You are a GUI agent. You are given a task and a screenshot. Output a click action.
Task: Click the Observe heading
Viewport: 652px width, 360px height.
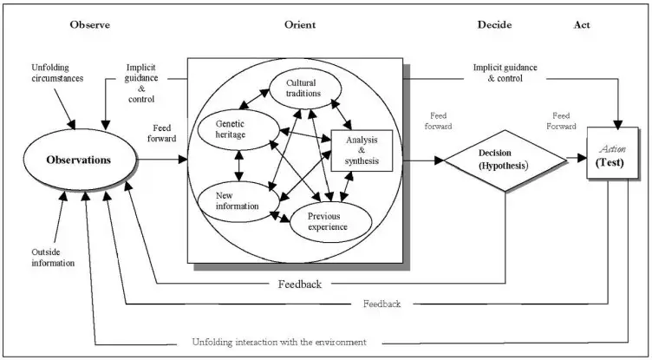click(90, 24)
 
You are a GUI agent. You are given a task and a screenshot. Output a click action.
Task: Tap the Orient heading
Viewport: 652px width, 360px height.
click(300, 24)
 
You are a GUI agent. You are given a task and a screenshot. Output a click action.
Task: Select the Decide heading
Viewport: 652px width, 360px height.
click(494, 24)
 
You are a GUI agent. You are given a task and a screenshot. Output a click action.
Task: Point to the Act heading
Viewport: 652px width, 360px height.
click(582, 24)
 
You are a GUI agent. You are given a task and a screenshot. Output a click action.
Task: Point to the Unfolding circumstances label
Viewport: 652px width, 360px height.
click(57, 72)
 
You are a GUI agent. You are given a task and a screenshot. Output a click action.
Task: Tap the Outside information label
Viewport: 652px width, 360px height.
click(53, 258)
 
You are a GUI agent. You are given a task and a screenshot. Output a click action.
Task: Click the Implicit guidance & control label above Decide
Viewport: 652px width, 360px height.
click(505, 72)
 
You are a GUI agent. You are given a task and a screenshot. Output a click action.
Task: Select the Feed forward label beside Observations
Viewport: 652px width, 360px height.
click(162, 133)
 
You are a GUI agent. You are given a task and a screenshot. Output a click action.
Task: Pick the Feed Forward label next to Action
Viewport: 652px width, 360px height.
click(561, 121)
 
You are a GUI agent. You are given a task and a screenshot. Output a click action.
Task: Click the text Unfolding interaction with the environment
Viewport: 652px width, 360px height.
click(279, 342)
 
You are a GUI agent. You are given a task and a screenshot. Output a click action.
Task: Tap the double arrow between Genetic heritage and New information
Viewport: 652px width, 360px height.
click(238, 166)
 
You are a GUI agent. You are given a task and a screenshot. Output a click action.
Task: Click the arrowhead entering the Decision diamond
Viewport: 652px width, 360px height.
click(440, 160)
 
